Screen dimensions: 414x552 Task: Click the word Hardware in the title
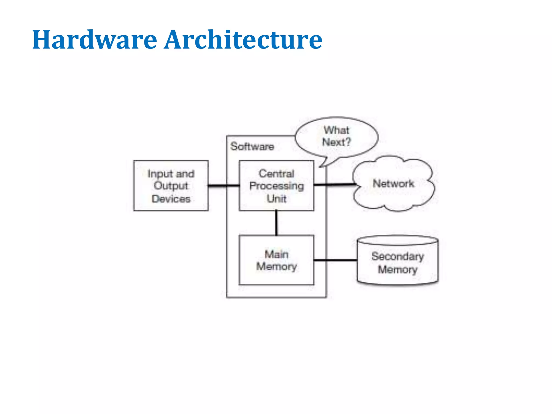tap(94, 40)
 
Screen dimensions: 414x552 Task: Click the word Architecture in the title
tap(243, 40)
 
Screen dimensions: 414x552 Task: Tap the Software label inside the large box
tap(252, 146)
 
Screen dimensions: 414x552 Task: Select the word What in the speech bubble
tap(336, 130)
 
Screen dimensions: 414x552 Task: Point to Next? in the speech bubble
tap(337, 142)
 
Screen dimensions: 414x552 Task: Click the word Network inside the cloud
tap(393, 184)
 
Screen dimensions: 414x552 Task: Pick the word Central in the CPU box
tap(277, 174)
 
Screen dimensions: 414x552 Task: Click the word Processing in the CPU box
tap(277, 186)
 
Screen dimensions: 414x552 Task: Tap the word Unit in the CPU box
tap(277, 199)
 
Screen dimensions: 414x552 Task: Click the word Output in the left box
tap(171, 186)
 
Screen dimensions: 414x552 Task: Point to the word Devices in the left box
tap(171, 199)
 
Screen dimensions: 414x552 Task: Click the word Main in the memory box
tap(277, 254)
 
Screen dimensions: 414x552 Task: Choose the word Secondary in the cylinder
tap(398, 256)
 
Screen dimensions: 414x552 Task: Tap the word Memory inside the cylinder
tap(398, 269)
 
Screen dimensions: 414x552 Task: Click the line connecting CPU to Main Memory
tap(276, 223)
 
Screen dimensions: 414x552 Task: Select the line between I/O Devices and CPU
tap(224, 185)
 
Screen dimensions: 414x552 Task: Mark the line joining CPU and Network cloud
tap(334, 185)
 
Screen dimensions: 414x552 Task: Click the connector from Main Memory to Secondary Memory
tap(336, 260)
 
